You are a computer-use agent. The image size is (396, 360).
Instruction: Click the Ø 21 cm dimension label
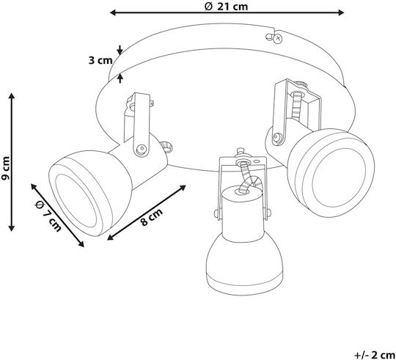[x=226, y=6]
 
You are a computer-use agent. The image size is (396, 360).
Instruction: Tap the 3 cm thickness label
[x=100, y=61]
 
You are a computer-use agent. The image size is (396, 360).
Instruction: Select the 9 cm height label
[x=6, y=168]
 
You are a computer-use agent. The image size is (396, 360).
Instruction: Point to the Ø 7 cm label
[x=48, y=216]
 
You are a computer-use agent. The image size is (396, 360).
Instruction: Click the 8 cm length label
[x=151, y=217]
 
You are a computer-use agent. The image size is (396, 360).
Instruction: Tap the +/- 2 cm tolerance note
[x=375, y=354]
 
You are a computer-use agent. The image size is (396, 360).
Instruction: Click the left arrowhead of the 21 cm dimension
[x=113, y=12]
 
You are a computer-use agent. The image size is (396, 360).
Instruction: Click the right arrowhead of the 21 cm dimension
[x=341, y=12]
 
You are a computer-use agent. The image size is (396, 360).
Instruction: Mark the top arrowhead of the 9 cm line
[x=11, y=96]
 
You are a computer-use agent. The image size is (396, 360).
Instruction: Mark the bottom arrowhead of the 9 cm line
[x=11, y=228]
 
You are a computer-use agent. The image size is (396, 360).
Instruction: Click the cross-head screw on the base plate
[x=278, y=39]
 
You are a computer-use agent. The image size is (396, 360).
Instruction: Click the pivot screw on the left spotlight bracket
[x=142, y=148]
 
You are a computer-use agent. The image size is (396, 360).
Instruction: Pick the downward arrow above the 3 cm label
[x=120, y=50]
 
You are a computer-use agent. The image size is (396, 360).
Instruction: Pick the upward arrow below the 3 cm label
[x=120, y=78]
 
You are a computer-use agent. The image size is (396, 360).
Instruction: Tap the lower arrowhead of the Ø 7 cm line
[x=81, y=244]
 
